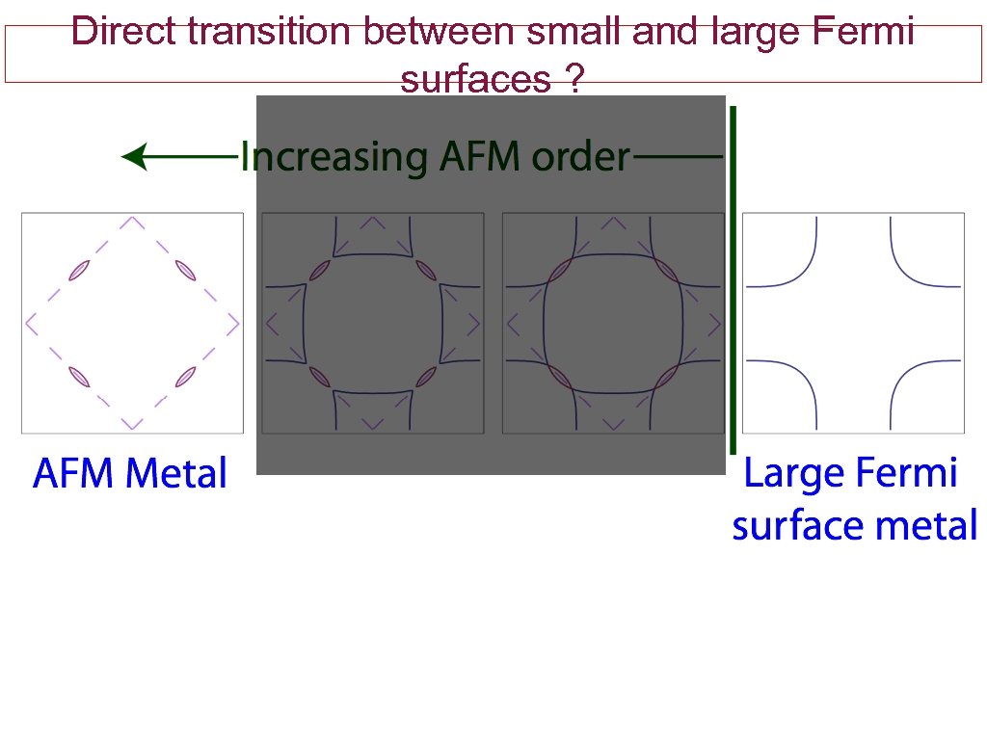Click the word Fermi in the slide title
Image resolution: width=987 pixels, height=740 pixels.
tap(864, 32)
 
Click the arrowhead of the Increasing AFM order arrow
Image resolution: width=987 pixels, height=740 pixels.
tap(135, 156)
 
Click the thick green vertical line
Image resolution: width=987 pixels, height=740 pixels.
tap(734, 279)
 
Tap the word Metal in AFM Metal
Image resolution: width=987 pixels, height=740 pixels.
tap(176, 474)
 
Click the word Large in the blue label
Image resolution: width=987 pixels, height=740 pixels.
tap(787, 474)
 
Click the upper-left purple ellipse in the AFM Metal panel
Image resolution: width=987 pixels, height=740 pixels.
tap(79, 270)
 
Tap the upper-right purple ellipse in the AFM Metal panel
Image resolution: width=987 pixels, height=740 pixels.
tap(186, 270)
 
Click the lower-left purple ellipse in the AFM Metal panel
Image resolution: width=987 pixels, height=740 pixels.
tap(79, 377)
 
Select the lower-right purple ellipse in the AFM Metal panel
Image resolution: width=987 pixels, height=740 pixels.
tap(186, 377)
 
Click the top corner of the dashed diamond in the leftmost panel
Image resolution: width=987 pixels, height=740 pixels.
tap(132, 221)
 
